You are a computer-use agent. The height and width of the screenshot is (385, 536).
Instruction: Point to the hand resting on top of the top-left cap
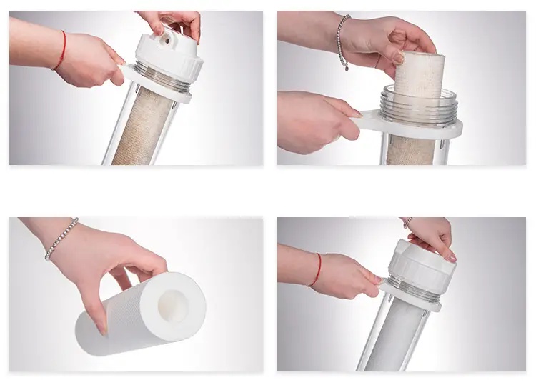[175, 20]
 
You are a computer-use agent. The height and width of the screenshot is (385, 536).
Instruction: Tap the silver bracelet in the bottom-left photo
[60, 239]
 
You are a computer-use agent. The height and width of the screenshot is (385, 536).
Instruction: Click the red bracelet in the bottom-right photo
[317, 269]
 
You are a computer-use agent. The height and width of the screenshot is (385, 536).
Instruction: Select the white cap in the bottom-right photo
[422, 267]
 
